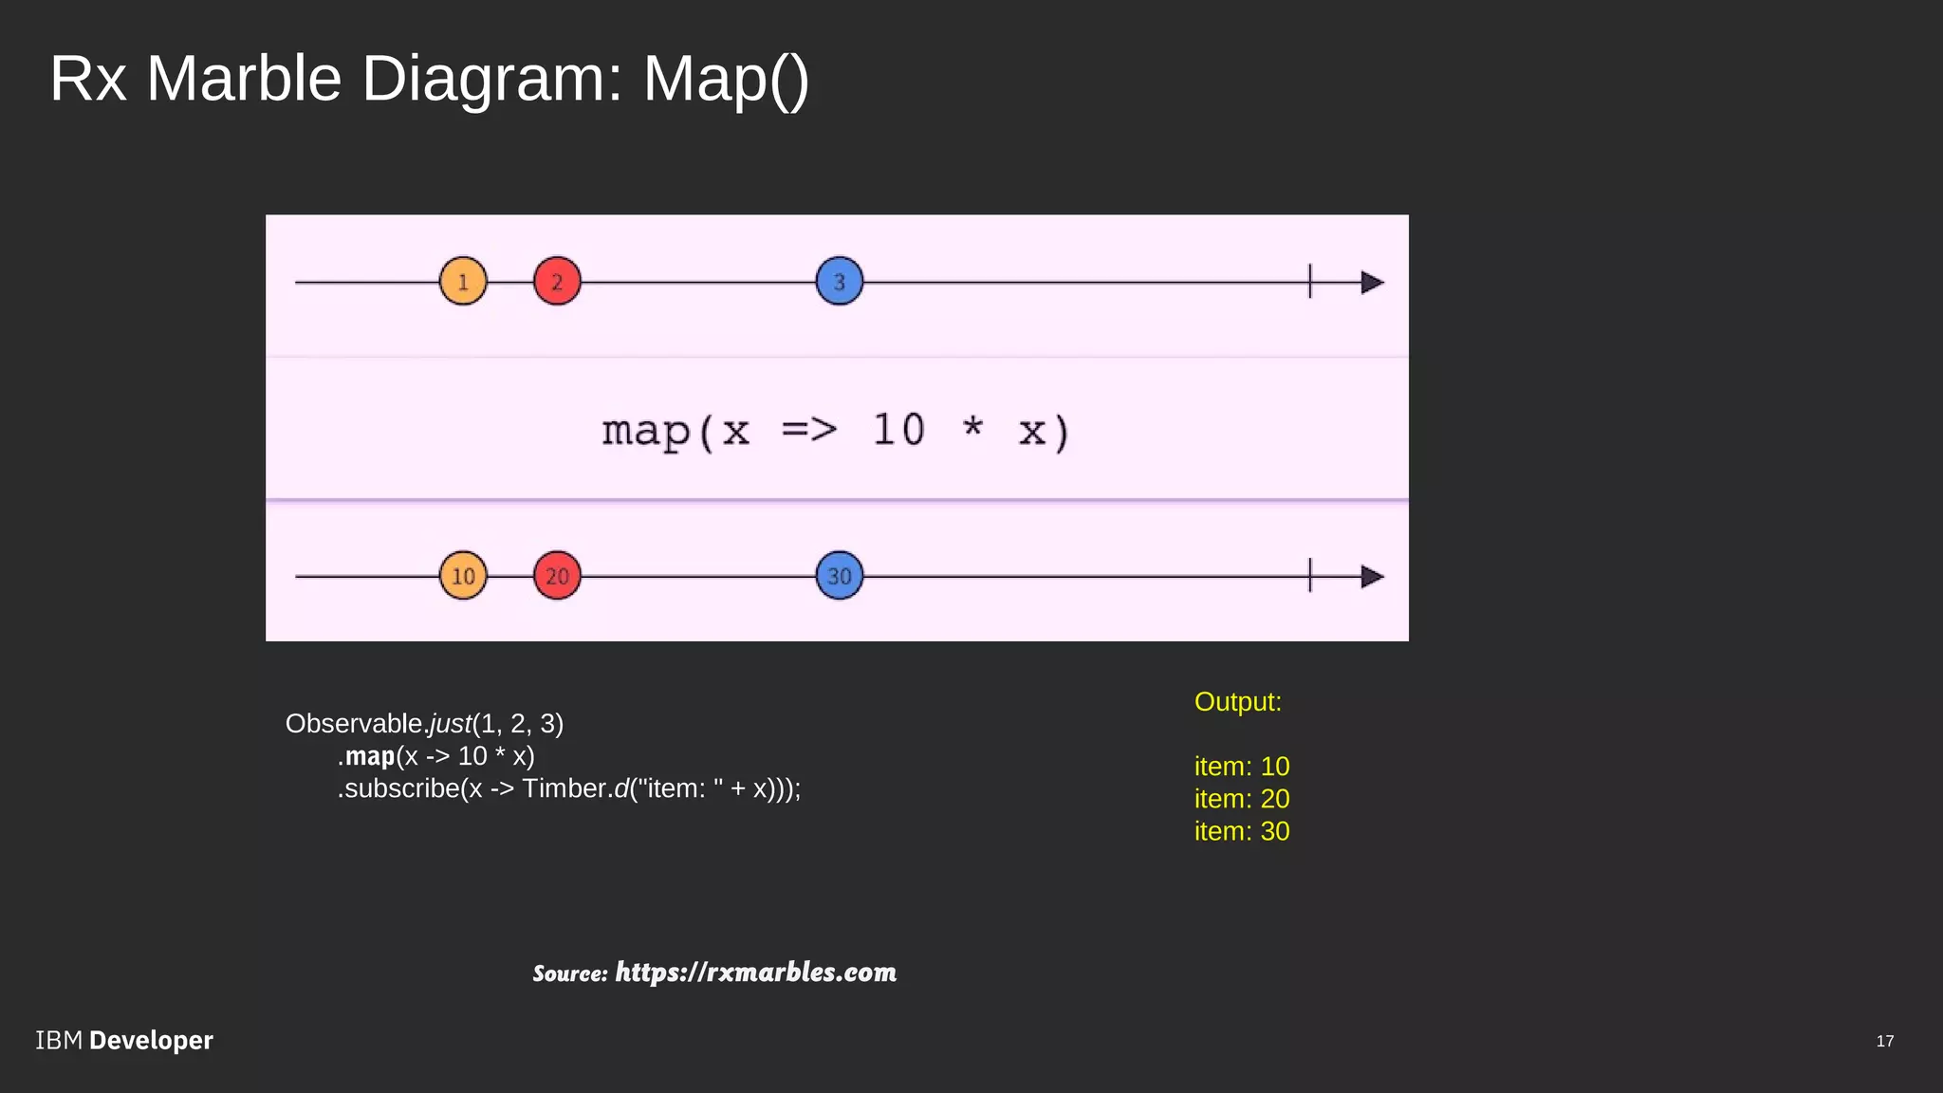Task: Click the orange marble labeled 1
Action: coord(463,282)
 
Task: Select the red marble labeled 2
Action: coord(557,282)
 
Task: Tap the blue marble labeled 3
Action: coord(840,282)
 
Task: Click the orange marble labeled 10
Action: coord(463,576)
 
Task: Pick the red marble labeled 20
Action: coord(557,576)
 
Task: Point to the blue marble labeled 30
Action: coord(840,576)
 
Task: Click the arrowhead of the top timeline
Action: coord(1372,282)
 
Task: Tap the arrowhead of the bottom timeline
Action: coord(1372,576)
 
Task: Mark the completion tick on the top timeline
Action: coord(1310,282)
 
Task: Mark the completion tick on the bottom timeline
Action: coord(1310,576)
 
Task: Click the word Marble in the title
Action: coord(244,78)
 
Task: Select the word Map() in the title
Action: coord(726,78)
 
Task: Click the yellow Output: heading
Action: coord(1238,702)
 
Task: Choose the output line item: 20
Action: coord(1242,799)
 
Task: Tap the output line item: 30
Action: coord(1242,831)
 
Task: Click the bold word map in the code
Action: coord(370,756)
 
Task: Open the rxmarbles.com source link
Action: coord(755,973)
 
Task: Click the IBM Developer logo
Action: coord(124,1041)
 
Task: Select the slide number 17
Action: coord(1885,1042)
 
